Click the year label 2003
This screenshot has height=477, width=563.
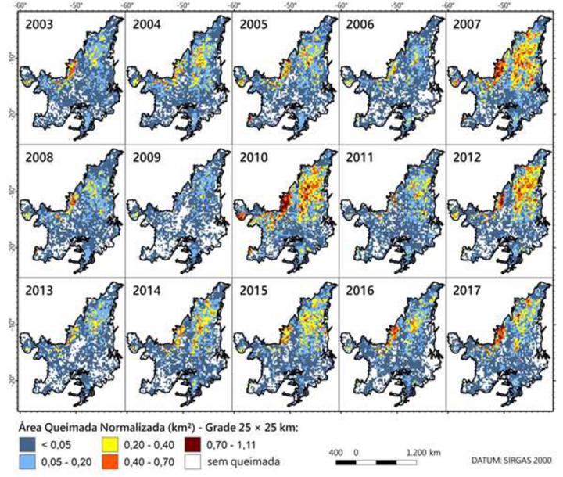tap(39, 23)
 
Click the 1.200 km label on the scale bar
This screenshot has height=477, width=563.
tap(424, 451)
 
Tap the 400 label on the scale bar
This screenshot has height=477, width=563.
tap(339, 451)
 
